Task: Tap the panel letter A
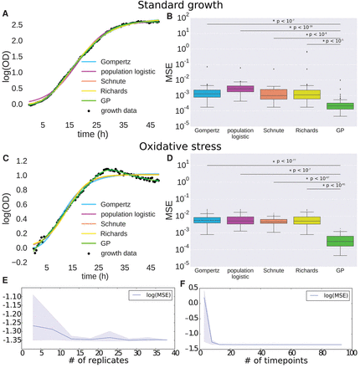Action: click(5, 14)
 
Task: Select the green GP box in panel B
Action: click(339, 106)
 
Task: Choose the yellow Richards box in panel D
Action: click(306, 220)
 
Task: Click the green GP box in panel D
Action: click(339, 241)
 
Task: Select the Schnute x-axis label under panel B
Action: click(272, 131)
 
